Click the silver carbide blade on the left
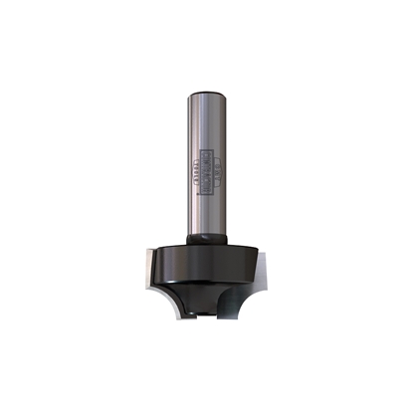coord(149,269)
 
